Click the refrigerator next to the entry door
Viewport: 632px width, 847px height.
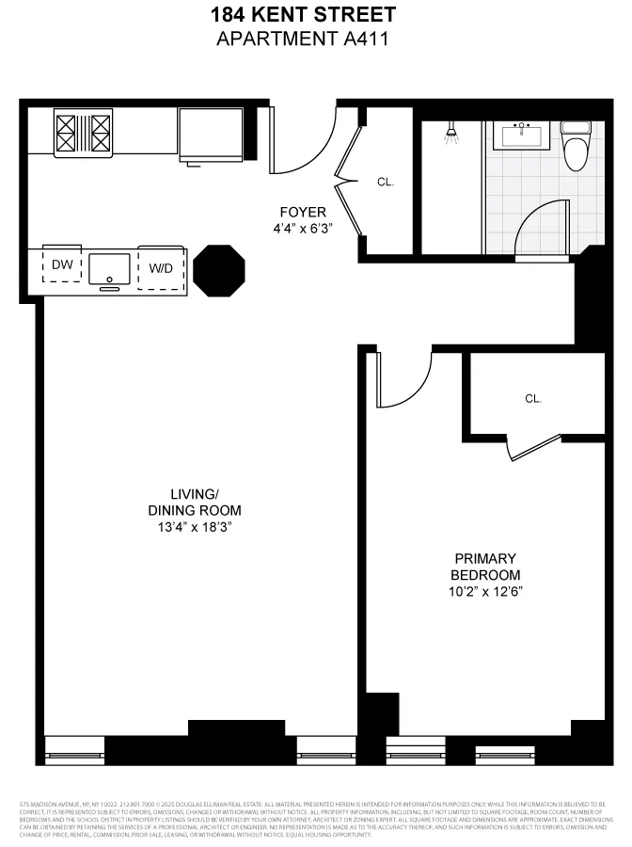tap(211, 133)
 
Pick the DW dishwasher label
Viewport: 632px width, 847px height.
tap(62, 266)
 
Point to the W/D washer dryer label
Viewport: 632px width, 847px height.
tap(161, 268)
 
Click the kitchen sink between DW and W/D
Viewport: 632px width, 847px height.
tap(111, 267)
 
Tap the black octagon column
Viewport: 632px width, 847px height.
tap(219, 270)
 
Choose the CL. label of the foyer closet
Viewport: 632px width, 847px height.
tap(386, 182)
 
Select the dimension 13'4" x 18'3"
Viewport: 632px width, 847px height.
tap(195, 527)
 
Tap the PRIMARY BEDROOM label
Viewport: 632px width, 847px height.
tap(485, 567)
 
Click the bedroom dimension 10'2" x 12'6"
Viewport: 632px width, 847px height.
tap(485, 591)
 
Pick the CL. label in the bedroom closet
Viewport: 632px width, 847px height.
tap(533, 398)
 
